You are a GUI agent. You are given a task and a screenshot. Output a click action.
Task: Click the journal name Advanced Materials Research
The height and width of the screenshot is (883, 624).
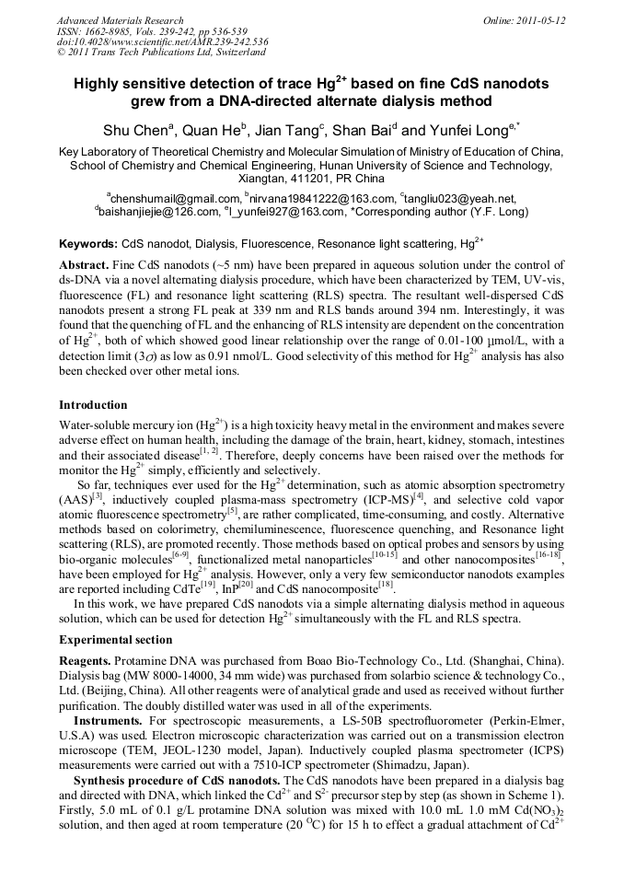[120, 19]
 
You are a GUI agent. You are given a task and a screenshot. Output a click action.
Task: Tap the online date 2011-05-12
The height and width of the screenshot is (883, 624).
[541, 19]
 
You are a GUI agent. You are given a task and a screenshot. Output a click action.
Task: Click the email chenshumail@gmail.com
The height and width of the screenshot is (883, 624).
[174, 198]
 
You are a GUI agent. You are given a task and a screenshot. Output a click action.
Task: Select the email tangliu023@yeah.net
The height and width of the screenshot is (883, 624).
[460, 198]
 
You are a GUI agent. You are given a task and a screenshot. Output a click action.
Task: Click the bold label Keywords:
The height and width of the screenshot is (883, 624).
[88, 245]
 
